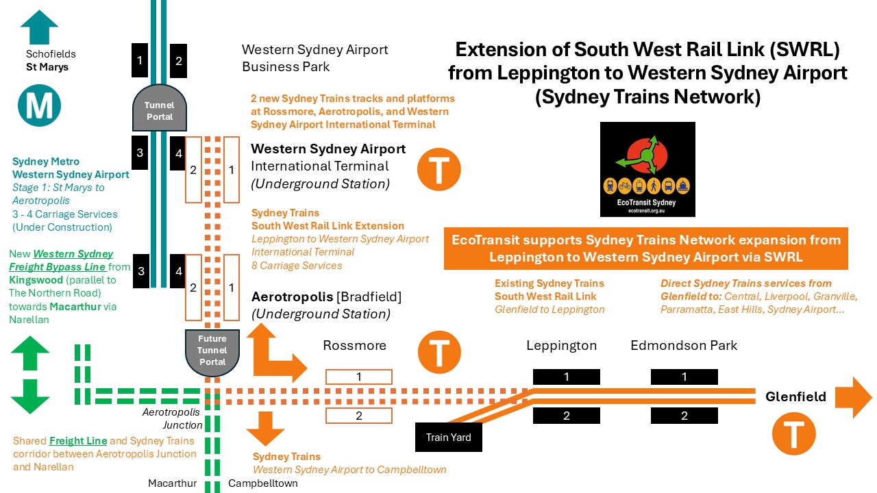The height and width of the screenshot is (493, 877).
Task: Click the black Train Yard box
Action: (449, 437)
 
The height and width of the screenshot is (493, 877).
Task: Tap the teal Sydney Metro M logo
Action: (40, 105)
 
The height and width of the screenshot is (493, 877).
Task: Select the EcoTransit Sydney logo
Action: (647, 169)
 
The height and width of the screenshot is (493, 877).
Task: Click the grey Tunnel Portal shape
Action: (159, 110)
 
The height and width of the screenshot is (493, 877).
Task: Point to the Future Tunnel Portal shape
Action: (212, 350)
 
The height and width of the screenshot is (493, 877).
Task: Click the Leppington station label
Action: (561, 346)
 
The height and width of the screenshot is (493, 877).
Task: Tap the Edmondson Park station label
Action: (684, 346)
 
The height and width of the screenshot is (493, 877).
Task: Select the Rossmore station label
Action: (354, 346)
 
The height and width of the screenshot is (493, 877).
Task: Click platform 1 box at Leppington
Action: (566, 377)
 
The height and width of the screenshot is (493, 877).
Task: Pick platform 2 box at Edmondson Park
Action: (684, 416)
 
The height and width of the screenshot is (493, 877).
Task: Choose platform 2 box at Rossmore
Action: (358, 416)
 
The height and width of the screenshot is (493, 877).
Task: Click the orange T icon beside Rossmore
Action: (438, 353)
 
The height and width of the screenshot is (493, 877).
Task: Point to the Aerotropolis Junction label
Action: (171, 418)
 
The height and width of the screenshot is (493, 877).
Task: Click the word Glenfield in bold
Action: (795, 397)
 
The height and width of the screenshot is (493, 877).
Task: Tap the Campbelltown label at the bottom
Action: (263, 483)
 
